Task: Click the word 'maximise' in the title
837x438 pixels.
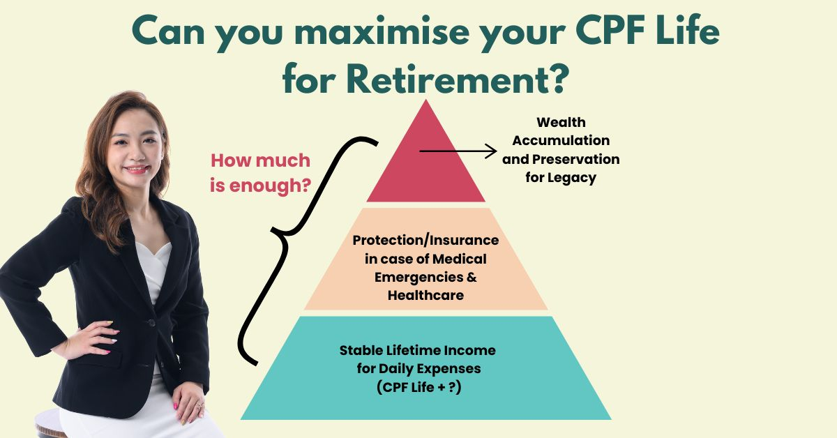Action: tap(382, 31)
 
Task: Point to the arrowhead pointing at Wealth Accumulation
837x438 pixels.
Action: tap(491, 151)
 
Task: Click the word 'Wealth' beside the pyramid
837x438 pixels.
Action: tap(561, 122)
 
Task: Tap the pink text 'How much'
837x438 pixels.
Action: tap(260, 160)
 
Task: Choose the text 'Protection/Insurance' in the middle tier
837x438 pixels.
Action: tap(425, 241)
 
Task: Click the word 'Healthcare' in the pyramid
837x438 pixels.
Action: tap(425, 295)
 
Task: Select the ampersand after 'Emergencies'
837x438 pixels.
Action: tap(472, 278)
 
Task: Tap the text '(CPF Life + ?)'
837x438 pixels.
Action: tap(419, 387)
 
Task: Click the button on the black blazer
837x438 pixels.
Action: tap(152, 322)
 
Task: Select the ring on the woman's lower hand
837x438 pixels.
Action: tap(199, 405)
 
